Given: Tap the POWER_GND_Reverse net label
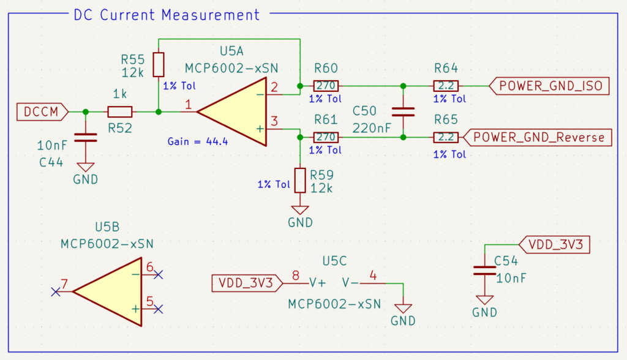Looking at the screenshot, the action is coord(538,137).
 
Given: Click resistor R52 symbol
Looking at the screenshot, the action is coord(119,112).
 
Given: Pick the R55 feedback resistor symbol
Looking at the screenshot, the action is coord(159,64).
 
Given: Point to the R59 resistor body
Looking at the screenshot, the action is coord(299,179).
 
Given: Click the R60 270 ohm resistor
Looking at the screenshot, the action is coord(326,86).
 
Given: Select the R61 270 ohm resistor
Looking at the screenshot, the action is coord(326,137).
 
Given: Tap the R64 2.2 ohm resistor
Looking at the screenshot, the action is coord(446,86).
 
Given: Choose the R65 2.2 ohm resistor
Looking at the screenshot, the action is coord(446,137).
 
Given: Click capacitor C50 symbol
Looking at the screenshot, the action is coord(403,111).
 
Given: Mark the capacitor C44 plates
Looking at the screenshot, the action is coord(85,137).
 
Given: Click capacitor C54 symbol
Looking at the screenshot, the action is coord(484,270).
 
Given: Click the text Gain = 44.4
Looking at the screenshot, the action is coord(198,141).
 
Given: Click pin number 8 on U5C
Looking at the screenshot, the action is coord(296,276).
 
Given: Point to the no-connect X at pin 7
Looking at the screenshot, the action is coord(55,292).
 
